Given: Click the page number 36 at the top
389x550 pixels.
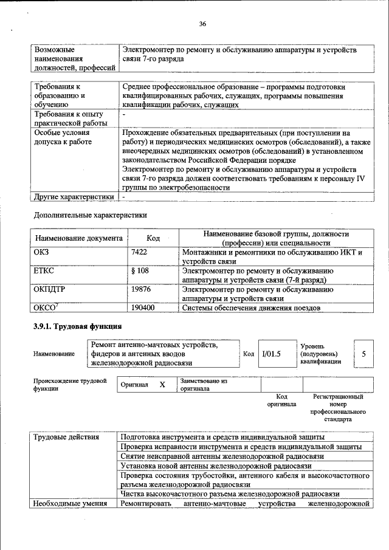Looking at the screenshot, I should click(x=202, y=24).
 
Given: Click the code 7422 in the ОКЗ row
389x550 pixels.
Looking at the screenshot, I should click(x=140, y=252).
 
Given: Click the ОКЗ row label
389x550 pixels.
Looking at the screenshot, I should click(x=41, y=252).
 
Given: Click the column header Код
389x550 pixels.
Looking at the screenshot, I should click(x=153, y=239).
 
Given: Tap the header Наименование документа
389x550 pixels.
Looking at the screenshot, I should click(x=79, y=239).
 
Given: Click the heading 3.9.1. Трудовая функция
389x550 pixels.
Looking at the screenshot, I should click(x=78, y=327).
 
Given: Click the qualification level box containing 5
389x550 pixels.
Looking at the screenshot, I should click(x=363, y=354).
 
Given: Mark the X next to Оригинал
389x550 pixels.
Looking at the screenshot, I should click(x=162, y=385).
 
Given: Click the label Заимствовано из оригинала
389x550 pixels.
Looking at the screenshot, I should click(x=203, y=385).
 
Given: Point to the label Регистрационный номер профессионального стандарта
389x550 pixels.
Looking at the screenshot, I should click(x=338, y=408).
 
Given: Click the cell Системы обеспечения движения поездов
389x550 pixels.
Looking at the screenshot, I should click(x=252, y=308).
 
